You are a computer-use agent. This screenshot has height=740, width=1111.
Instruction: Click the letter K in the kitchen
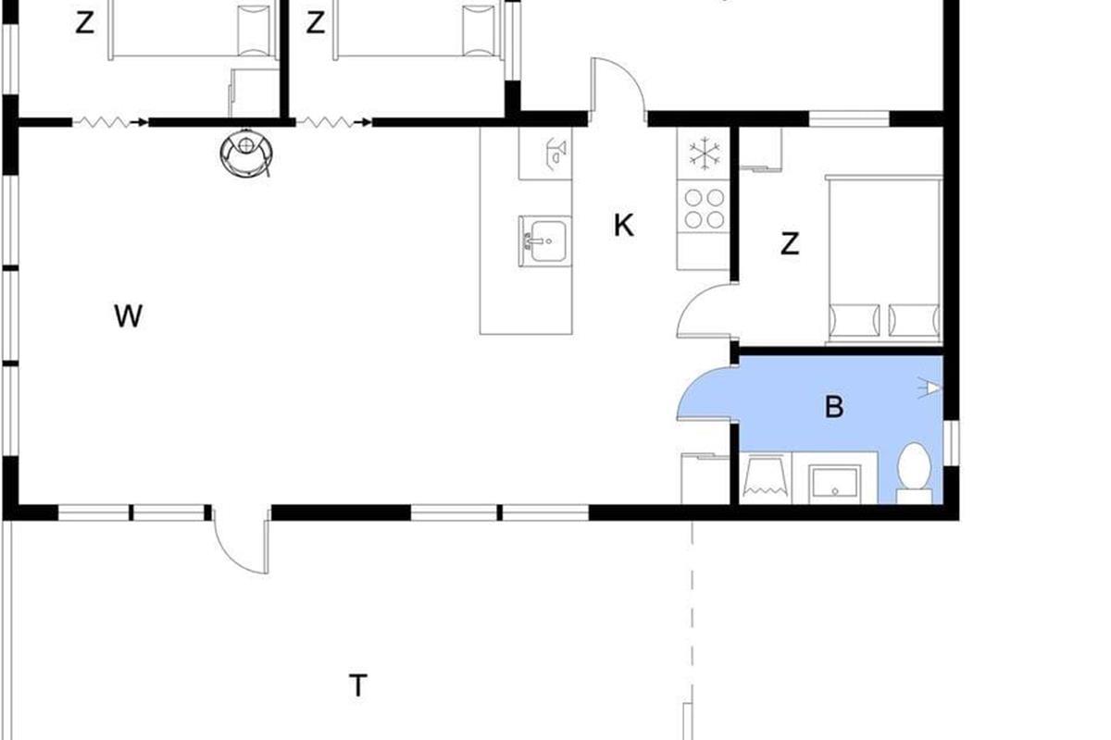click(623, 226)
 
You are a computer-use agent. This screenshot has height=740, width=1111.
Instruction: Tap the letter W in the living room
click(129, 315)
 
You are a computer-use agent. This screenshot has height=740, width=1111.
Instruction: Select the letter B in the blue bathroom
click(834, 406)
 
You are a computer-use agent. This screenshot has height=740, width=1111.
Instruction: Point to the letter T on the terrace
click(358, 685)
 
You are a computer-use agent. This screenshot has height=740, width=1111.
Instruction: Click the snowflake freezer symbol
click(705, 153)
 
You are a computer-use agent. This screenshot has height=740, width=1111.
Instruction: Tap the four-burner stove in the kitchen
click(704, 209)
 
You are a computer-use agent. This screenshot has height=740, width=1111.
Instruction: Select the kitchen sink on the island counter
click(544, 241)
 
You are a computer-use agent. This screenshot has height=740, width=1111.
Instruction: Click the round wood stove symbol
click(246, 154)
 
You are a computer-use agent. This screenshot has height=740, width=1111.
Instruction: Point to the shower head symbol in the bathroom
click(930, 388)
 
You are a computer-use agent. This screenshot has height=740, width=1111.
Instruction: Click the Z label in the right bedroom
click(790, 244)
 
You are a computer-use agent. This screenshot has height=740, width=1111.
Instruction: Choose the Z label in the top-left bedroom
click(85, 23)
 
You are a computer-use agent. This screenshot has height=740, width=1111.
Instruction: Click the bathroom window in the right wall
click(951, 443)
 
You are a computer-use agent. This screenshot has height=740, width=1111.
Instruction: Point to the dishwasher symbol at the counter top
click(545, 154)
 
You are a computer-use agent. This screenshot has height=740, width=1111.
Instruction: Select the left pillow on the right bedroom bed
click(855, 320)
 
